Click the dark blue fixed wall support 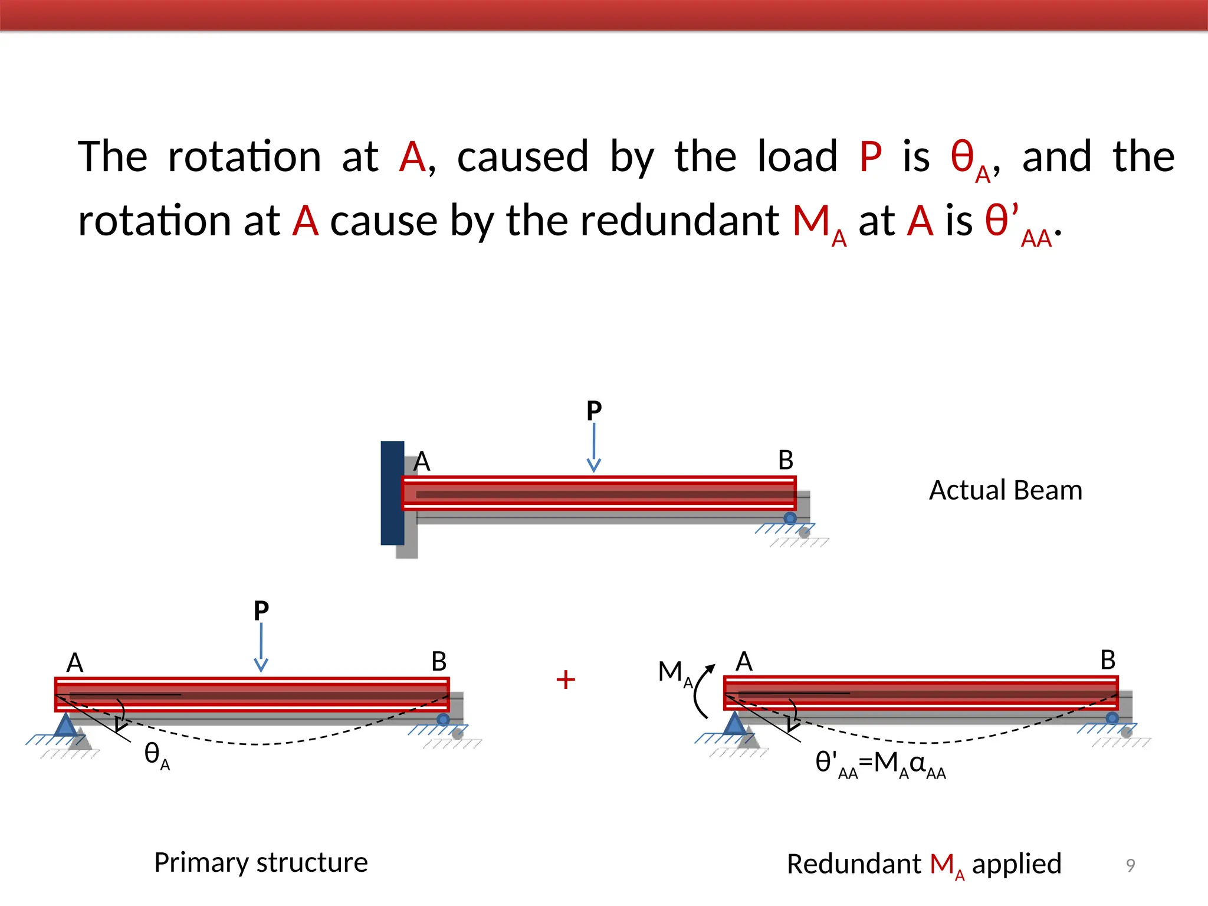pyautogui.click(x=392, y=493)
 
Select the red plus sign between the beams pyautogui.click(x=566, y=679)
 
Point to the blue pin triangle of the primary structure pyautogui.click(x=65, y=725)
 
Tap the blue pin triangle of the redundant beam pyautogui.click(x=735, y=724)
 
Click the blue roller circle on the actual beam pyautogui.click(x=790, y=518)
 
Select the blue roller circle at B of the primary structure pyautogui.click(x=443, y=720)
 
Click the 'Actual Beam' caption pyautogui.click(x=1006, y=490)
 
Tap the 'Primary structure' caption pyautogui.click(x=261, y=862)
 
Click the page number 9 pyautogui.click(x=1130, y=865)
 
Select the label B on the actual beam pyautogui.click(x=786, y=460)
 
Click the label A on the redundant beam pyautogui.click(x=744, y=661)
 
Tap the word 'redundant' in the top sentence pyautogui.click(x=679, y=221)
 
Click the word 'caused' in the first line pyautogui.click(x=523, y=157)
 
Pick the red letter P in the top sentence pyautogui.click(x=871, y=157)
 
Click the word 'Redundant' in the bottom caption pyautogui.click(x=854, y=864)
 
